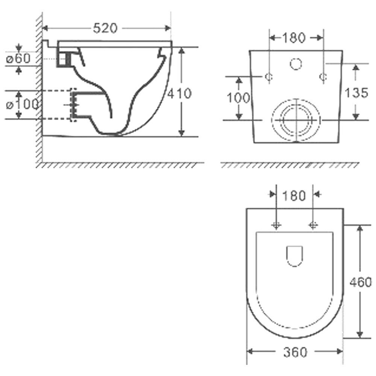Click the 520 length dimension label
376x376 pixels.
click(x=106, y=28)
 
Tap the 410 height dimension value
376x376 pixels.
click(x=179, y=93)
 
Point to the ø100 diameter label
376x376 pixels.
click(x=23, y=105)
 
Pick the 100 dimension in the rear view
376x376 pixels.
click(x=238, y=97)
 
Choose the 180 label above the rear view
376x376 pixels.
click(x=296, y=37)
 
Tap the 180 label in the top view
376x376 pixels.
click(x=294, y=196)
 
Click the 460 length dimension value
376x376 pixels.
click(x=360, y=282)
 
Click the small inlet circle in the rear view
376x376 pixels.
click(x=296, y=64)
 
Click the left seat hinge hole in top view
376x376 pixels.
click(x=276, y=225)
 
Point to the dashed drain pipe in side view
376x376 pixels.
click(x=56, y=105)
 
